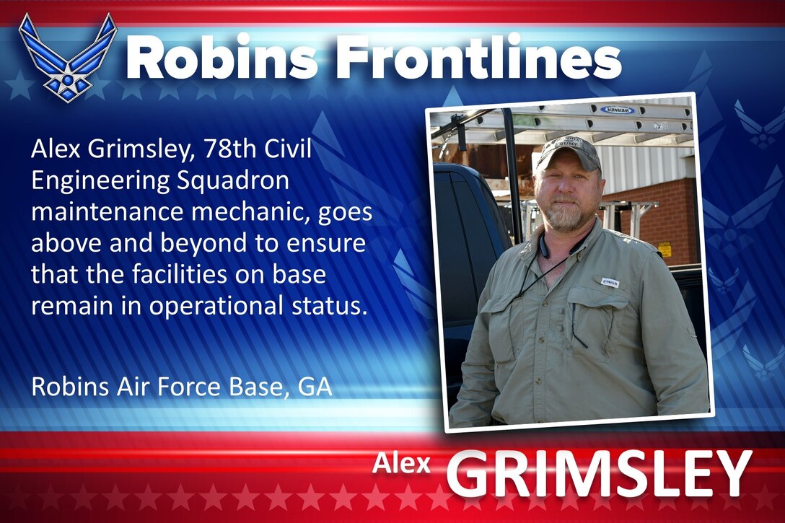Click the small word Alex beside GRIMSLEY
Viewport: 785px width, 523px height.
401,464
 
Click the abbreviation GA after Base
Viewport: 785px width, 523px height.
315,387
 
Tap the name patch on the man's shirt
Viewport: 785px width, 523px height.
610,281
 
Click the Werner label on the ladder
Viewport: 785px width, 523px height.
617,110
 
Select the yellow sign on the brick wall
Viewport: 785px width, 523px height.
665,249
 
